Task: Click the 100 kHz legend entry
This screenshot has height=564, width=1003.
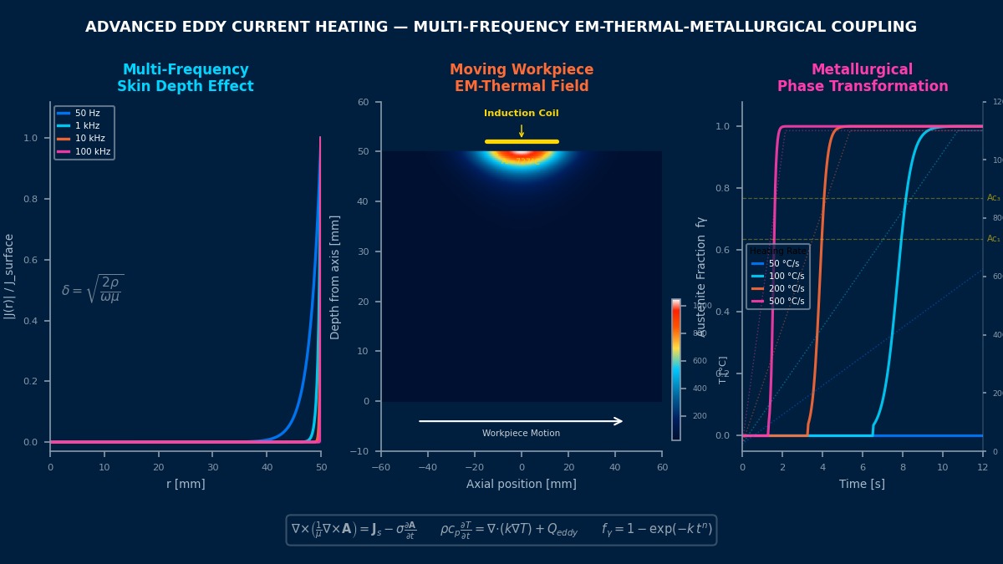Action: click(x=84, y=151)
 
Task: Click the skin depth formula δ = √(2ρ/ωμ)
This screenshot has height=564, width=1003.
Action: click(x=92, y=289)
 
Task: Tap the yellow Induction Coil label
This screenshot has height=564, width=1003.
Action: click(x=521, y=114)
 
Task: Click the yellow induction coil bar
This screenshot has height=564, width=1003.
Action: click(x=522, y=141)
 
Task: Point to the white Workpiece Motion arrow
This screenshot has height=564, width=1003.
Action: click(x=521, y=421)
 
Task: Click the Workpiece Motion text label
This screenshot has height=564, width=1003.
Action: click(x=521, y=434)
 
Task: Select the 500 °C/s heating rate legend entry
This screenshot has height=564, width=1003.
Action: click(x=777, y=301)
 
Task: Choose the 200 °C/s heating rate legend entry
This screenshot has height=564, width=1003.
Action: click(x=777, y=288)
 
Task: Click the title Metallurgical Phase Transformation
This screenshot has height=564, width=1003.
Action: click(x=863, y=78)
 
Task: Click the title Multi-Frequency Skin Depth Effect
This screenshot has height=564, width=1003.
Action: click(x=186, y=78)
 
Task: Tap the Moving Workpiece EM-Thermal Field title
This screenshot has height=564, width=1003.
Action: click(x=522, y=78)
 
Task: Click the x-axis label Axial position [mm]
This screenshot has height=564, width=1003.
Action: click(x=521, y=484)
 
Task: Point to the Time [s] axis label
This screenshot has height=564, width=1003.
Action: click(x=862, y=484)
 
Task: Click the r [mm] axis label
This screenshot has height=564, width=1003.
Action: click(x=185, y=484)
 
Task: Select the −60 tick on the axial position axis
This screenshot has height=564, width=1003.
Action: click(x=381, y=467)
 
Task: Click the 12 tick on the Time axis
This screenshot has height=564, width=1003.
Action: click(x=982, y=467)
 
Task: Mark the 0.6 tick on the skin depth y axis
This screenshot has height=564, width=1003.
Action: click(x=30, y=260)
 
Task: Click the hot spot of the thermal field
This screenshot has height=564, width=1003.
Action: click(x=522, y=154)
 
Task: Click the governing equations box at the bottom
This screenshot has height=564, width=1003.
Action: click(x=501, y=530)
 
